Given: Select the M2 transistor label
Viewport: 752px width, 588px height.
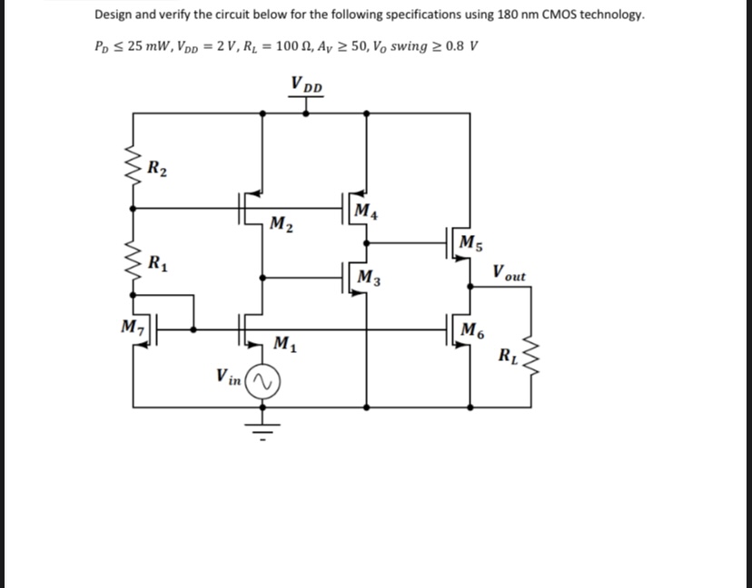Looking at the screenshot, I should tap(282, 223).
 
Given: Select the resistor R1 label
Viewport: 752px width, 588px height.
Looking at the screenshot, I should tap(157, 265).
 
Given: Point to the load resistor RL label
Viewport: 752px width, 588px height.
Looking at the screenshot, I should tap(508, 353).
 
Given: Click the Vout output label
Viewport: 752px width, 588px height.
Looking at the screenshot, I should tap(509, 272).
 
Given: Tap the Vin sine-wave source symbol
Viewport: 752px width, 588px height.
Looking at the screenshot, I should tap(263, 383).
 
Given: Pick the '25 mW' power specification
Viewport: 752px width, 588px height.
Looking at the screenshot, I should tap(143, 46).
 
